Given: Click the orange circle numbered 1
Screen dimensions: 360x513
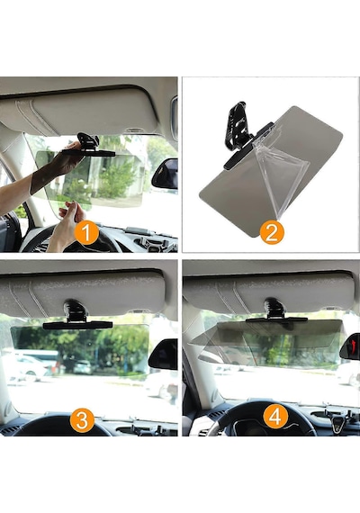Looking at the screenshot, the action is [x=86, y=233].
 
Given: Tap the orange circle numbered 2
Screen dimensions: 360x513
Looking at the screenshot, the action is [x=272, y=232].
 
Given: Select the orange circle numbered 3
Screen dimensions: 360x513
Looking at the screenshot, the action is [x=82, y=419].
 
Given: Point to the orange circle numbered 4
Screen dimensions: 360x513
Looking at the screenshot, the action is [x=275, y=417].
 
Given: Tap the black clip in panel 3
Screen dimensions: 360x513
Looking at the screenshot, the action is [x=76, y=316].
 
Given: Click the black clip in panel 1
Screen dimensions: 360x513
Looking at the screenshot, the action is [x=89, y=146].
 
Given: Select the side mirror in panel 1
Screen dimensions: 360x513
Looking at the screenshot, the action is [x=165, y=175].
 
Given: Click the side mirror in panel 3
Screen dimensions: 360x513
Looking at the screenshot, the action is [x=163, y=355].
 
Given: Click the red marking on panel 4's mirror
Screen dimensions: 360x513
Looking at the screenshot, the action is [x=352, y=345].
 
